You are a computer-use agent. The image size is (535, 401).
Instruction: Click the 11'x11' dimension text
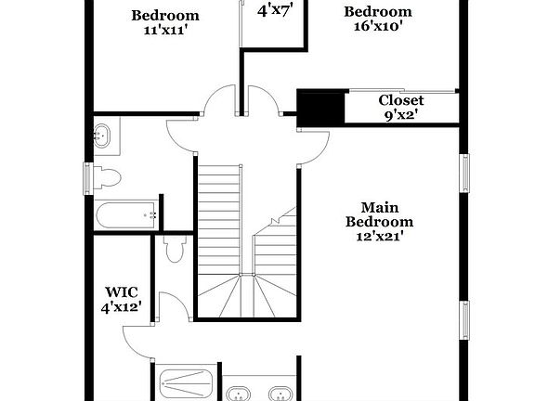164,31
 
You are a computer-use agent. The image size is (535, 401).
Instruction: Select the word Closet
401,100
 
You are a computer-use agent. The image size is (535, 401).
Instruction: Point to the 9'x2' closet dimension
401,115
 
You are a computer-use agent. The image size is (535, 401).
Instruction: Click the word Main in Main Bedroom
379,207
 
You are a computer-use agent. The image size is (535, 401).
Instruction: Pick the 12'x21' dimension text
379,236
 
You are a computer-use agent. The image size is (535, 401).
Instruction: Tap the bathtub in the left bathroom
126,215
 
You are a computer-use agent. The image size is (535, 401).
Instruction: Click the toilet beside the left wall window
108,176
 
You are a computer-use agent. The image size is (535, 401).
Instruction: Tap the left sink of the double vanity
240,392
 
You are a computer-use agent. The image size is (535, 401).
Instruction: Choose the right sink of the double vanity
279,392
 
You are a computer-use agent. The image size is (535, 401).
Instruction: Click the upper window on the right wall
465,173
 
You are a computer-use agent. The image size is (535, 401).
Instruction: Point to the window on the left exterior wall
88,179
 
